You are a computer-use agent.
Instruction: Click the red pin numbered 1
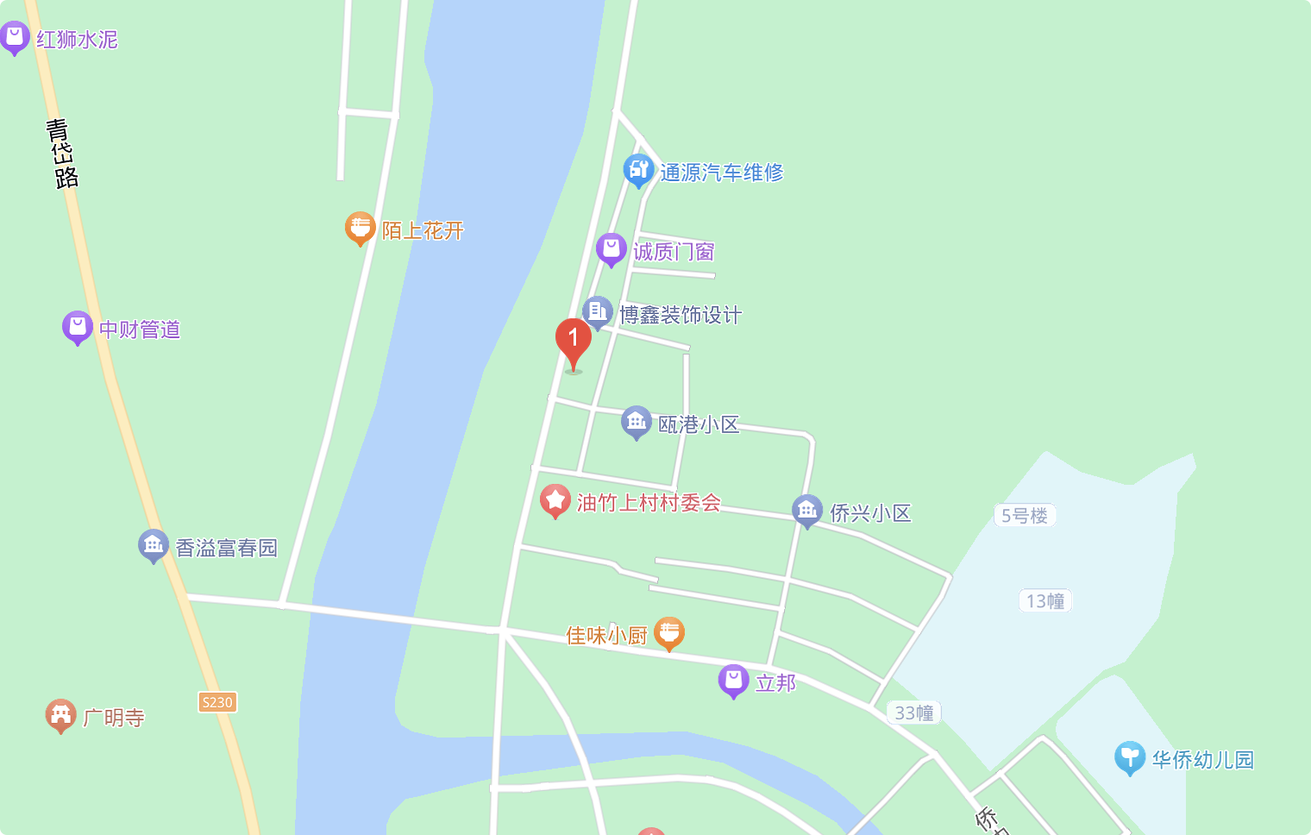573,339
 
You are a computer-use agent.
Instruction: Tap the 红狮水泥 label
77,40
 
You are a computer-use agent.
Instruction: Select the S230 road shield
217,702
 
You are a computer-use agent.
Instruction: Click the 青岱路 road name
61,154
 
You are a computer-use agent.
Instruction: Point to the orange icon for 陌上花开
360,228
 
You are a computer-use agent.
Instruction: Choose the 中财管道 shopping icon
77,327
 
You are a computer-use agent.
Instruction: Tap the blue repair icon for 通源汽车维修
638,170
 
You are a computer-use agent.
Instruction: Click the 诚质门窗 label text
674,252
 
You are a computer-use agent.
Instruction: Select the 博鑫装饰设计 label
681,315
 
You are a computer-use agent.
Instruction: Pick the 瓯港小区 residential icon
636,422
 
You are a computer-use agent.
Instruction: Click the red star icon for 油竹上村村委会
555,500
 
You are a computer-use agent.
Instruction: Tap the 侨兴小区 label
870,513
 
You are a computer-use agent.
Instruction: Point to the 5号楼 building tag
1025,516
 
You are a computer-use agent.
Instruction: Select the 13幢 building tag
1045,600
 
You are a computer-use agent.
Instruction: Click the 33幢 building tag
914,713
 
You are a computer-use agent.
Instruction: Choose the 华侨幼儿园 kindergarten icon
1129,757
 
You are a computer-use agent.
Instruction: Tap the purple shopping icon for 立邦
733,680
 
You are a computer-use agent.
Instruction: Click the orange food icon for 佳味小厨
669,633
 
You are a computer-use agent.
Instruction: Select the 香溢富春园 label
226,548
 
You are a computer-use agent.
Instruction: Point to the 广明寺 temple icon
60,715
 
